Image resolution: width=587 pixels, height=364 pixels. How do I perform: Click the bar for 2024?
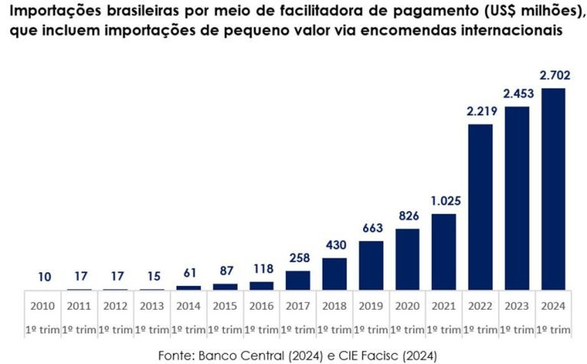tap(553, 189)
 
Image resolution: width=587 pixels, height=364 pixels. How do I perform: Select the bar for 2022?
tap(480, 206)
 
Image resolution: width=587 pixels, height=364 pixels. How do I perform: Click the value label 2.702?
tap(553, 76)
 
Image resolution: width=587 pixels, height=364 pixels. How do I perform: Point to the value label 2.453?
tap(517, 94)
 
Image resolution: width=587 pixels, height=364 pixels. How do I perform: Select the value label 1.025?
tap(443, 202)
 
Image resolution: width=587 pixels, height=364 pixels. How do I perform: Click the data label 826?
tap(407, 216)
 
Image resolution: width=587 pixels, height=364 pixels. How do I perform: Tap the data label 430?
tap(335, 246)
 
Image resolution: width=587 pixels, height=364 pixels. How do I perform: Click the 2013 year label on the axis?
tap(152, 305)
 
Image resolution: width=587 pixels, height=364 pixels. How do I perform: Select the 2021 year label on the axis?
tap(443, 305)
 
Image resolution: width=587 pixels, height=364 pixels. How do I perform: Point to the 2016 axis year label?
tap(261, 305)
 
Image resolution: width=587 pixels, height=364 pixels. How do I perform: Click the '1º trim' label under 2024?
tap(553, 330)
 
